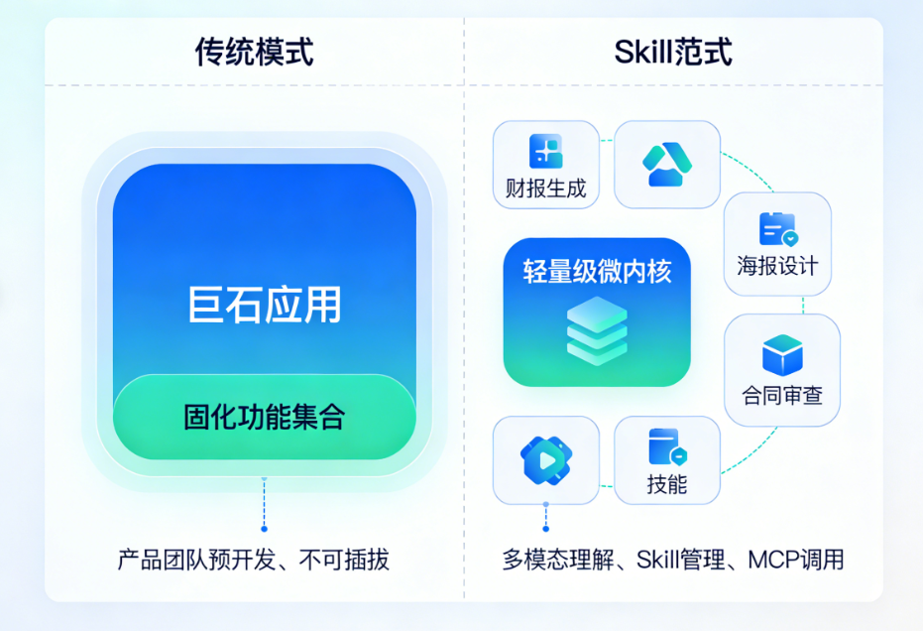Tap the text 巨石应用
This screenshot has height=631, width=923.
click(x=265, y=305)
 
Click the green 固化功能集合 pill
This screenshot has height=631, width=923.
click(x=265, y=417)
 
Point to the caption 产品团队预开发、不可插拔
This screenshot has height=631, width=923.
click(x=254, y=560)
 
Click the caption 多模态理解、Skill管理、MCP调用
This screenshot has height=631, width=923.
click(x=673, y=560)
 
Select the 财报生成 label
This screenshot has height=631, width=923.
click(x=545, y=189)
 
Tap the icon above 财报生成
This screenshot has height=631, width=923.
click(x=545, y=151)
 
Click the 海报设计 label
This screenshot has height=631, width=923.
click(x=777, y=266)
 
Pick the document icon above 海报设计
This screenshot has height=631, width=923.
click(x=777, y=229)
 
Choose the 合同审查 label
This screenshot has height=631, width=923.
click(x=782, y=395)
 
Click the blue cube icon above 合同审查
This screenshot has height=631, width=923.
click(x=782, y=354)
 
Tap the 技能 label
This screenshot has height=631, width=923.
click(x=667, y=484)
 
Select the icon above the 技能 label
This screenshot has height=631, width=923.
click(x=667, y=447)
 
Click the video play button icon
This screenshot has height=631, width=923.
click(x=546, y=459)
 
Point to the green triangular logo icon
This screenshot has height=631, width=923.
click(x=667, y=164)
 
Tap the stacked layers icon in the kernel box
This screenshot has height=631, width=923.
click(x=597, y=331)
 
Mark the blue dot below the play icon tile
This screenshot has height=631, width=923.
click(x=545, y=528)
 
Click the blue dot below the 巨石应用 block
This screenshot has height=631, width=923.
click(x=264, y=528)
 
